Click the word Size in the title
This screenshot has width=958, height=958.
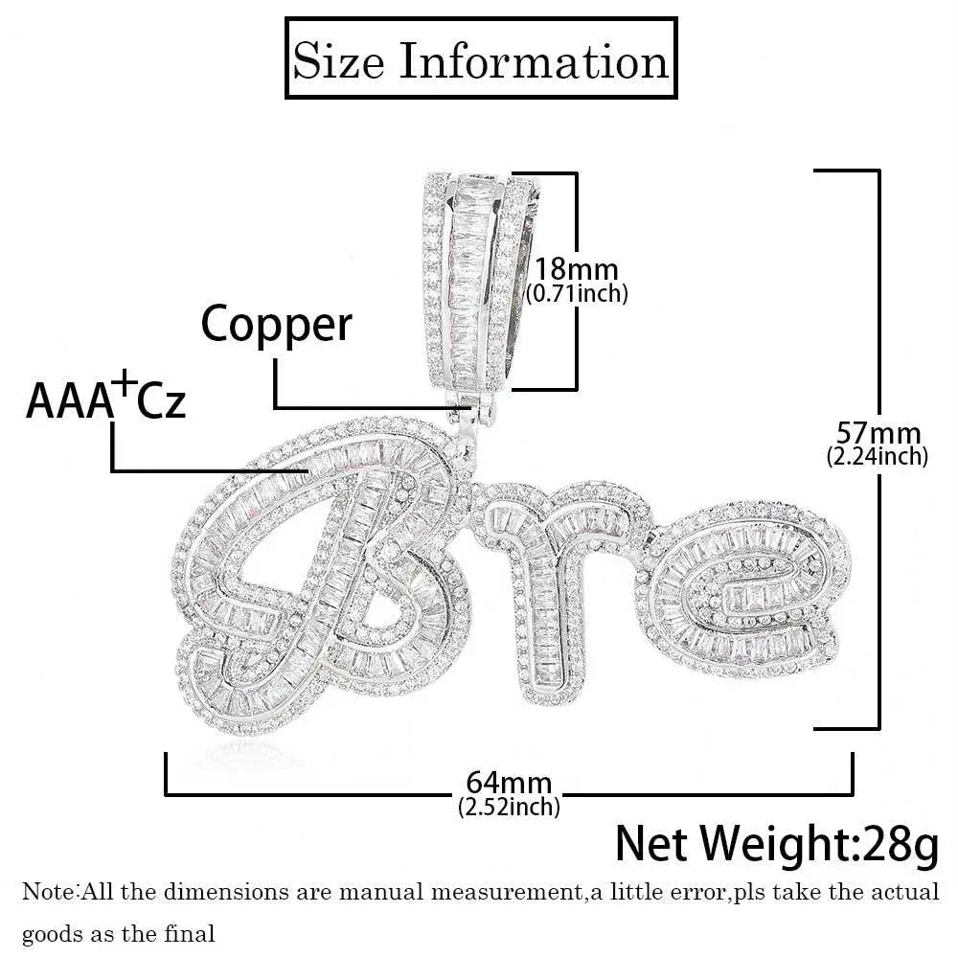(x=338, y=60)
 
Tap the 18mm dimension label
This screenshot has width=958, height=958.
(x=577, y=269)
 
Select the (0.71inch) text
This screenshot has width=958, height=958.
(x=577, y=294)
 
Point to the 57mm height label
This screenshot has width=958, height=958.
(x=878, y=433)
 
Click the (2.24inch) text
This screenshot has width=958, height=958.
(x=878, y=456)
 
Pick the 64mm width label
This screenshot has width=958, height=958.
(x=509, y=783)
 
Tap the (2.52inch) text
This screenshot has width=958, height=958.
(x=509, y=807)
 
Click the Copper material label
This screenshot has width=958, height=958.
(x=276, y=326)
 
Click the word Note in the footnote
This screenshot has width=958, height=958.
(x=49, y=891)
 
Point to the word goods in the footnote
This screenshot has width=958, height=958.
(x=52, y=935)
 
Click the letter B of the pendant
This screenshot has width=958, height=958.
(x=323, y=574)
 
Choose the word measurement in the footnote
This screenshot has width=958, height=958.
(x=505, y=892)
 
